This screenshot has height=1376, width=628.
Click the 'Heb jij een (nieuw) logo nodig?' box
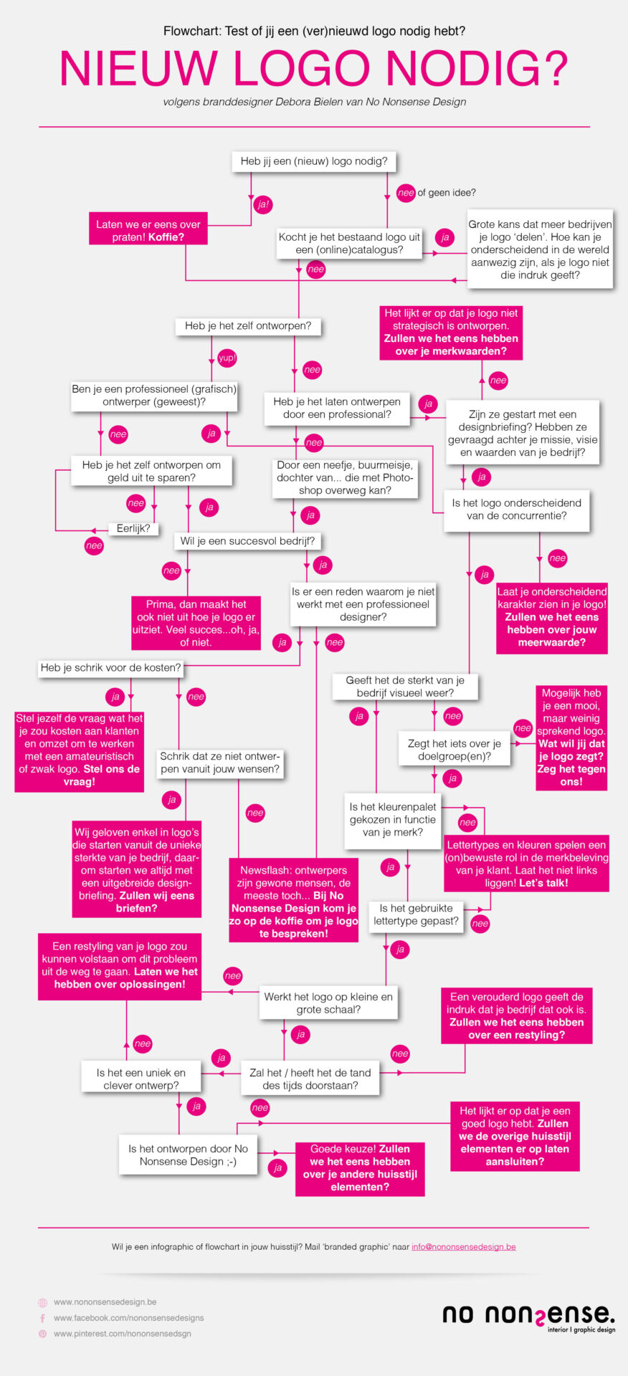(314, 161)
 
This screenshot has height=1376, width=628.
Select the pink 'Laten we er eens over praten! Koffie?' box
(148, 230)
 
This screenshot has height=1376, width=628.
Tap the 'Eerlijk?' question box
(133, 529)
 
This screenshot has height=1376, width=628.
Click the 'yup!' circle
(227, 358)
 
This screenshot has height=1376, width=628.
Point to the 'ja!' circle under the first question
(263, 204)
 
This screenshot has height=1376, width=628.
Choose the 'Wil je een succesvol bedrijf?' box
(247, 541)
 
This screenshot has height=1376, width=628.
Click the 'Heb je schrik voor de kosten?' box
(110, 668)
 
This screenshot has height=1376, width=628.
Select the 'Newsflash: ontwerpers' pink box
(294, 902)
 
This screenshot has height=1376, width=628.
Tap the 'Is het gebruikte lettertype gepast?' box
(416, 914)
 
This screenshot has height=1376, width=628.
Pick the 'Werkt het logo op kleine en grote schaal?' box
(328, 1003)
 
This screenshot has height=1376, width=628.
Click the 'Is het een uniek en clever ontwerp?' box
(141, 1079)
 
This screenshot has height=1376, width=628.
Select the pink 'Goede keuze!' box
(360, 1168)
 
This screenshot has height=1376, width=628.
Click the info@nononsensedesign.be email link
(464, 1246)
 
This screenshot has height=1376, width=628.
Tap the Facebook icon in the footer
(43, 1318)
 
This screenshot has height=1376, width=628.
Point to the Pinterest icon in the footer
(43, 1334)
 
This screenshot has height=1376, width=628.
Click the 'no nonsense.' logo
(528, 1317)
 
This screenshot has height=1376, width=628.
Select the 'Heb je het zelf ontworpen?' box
(248, 326)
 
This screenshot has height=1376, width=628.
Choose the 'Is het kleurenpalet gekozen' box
(393, 820)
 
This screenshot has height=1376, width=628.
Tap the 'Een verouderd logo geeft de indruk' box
(516, 1016)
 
